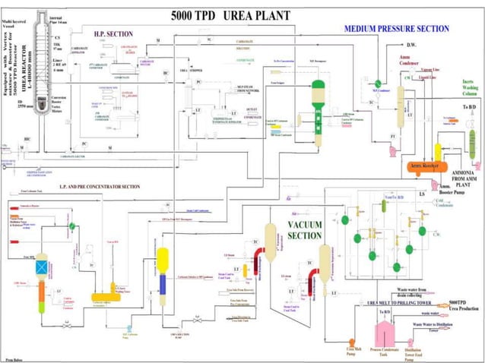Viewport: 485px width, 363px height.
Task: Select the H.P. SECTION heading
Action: pos(113,34)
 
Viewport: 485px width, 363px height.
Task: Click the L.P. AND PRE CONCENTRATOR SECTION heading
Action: pos(100,187)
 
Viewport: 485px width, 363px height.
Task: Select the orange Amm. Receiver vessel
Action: pos(426,166)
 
